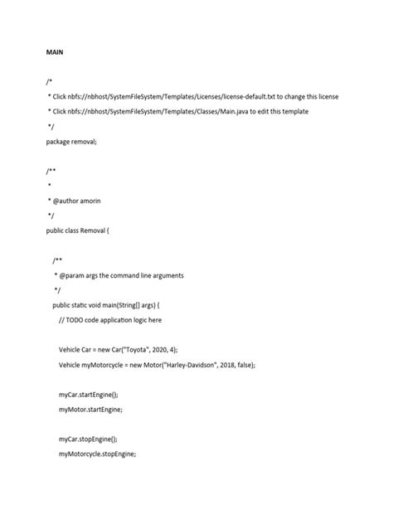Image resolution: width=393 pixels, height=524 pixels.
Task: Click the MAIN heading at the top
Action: coord(55,51)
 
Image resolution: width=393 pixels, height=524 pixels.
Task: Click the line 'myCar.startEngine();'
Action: coord(89,395)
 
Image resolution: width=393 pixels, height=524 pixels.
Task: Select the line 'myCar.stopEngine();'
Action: coord(89,439)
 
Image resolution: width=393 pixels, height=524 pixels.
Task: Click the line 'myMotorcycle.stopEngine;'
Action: coord(97,454)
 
